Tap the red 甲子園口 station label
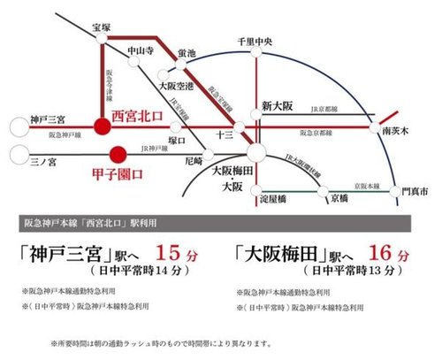coord(118,174)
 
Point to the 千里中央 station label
coord(257,41)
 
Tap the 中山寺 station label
coord(141,50)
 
